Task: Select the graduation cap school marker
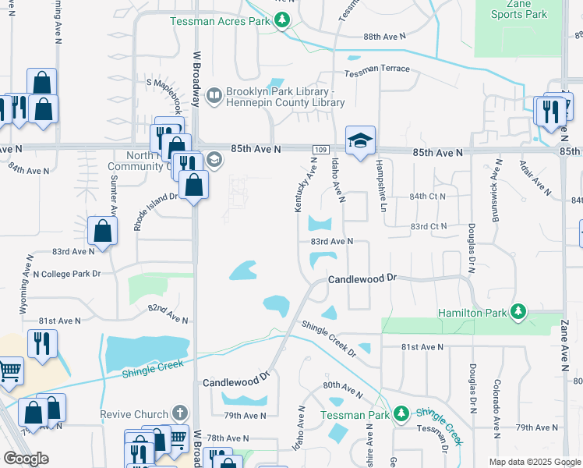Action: [360, 140]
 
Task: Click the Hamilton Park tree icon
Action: [516, 313]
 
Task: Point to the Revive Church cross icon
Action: [180, 413]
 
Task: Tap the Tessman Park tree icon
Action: [401, 413]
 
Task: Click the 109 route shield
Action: [320, 149]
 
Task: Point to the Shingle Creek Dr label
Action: [328, 339]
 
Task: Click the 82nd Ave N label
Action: [168, 314]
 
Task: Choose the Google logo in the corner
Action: [26, 459]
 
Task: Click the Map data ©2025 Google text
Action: [534, 462]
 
